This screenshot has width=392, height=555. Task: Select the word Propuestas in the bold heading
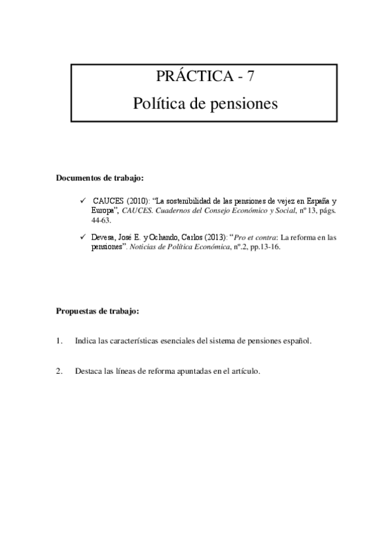[x=77, y=312]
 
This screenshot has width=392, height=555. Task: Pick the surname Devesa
[x=105, y=239]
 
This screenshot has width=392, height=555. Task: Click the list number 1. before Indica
[x=60, y=341]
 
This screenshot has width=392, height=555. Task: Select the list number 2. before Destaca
[x=60, y=371]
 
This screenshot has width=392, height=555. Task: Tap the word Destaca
[x=88, y=371]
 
